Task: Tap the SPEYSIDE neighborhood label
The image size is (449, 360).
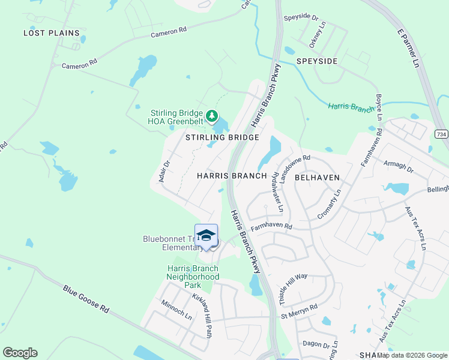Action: (316, 61)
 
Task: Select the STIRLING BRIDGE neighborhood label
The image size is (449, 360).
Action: (222, 137)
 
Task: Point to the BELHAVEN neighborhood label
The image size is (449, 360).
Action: (318, 178)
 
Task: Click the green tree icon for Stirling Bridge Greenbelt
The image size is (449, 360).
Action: (211, 115)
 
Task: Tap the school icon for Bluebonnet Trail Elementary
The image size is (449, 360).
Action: (206, 235)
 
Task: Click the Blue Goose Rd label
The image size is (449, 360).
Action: (87, 298)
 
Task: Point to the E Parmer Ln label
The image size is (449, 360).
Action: (408, 47)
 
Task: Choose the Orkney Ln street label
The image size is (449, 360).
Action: (315, 38)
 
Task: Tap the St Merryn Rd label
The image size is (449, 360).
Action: (299, 314)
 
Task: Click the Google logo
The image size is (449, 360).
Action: (20, 353)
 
